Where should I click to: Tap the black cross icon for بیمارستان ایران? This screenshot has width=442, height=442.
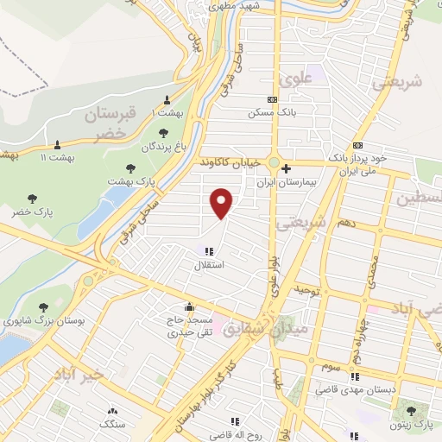pos(287,168)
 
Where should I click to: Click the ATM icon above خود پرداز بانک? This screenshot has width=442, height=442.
pos(358,145)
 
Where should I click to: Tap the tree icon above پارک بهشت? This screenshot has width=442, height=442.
pos(130,168)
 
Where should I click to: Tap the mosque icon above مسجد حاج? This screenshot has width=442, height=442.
pos(189,306)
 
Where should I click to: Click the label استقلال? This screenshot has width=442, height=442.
pos(211,264)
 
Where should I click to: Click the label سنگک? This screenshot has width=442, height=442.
pos(111,424)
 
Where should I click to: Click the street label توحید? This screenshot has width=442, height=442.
pos(308,291)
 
